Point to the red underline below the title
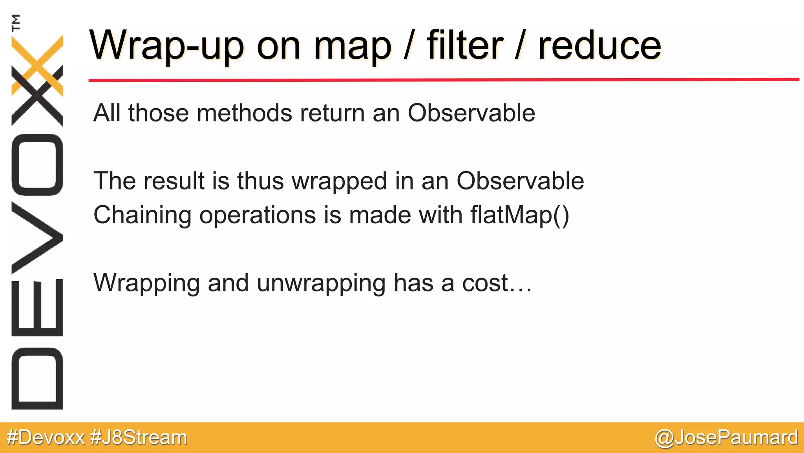pos(444,80)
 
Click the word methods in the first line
pos(245,113)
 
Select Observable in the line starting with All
pos(471,113)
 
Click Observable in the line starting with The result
pos(520,181)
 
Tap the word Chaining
pos(143,215)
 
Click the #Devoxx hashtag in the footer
pos(46,438)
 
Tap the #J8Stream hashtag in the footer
pos(139,438)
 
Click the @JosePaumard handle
pos(726,438)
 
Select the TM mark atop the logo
pos(16,22)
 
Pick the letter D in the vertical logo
pos(37,379)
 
